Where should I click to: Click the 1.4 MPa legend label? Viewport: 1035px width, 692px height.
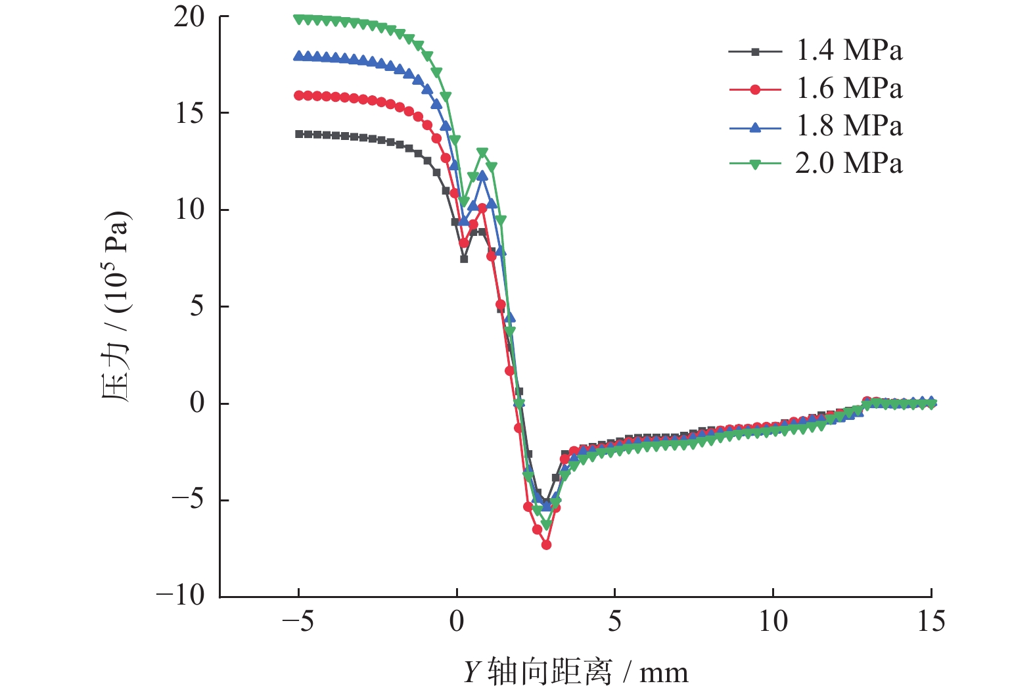849,51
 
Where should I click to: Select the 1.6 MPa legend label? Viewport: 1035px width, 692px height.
849,89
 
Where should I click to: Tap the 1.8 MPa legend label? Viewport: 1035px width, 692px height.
849,126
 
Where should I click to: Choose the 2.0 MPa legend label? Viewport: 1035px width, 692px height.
849,164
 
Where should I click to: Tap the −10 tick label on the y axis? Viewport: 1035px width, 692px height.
181,595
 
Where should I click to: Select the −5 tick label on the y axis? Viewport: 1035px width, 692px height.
188,499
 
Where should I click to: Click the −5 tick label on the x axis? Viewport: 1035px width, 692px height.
298,622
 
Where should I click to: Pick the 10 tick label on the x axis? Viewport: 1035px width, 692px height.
773,622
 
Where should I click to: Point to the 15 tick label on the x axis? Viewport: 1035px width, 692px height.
931,622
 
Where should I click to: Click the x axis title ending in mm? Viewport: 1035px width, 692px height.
576,672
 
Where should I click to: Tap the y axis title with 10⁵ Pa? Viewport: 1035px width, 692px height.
116,306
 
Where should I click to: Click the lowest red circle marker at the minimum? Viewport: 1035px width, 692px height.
546,545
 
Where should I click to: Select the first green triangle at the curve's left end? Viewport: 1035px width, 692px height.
299,19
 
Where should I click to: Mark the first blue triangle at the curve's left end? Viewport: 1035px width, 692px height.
299,56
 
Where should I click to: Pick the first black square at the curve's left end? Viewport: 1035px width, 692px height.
299,134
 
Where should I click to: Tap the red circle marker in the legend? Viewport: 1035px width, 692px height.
755,89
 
